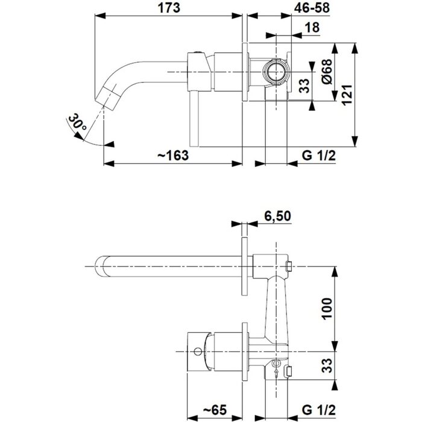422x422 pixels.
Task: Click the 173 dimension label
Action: coord(169,8)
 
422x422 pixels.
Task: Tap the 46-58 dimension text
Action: coord(312,8)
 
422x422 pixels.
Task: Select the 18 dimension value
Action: coord(312,28)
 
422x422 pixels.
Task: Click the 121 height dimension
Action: coord(347,95)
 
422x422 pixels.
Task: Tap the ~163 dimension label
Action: coord(173,156)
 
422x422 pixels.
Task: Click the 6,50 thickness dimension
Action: coord(277,216)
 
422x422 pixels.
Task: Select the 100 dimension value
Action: coord(327,309)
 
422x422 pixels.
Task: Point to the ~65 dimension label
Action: coord(215,410)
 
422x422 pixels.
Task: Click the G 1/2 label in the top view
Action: coord(319,156)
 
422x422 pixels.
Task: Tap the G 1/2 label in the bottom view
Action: coord(319,410)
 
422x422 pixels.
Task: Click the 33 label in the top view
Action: coord(304,86)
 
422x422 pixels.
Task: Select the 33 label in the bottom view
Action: coord(327,365)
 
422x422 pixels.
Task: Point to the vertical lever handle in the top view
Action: coord(194,119)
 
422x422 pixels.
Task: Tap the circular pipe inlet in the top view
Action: coord(276,72)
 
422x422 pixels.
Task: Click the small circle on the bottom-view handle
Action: coord(198,351)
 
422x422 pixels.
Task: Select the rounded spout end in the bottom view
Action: coord(102,266)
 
